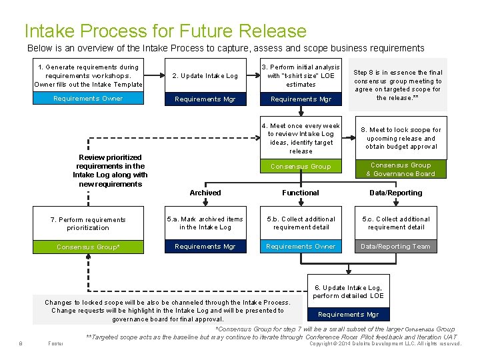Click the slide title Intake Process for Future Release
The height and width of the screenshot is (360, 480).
tap(165, 31)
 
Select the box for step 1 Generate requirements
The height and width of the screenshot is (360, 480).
tap(89, 75)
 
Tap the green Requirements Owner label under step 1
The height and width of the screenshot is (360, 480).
tap(89, 99)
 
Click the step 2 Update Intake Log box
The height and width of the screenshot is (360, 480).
tap(205, 76)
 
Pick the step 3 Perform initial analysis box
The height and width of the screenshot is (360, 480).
tap(301, 75)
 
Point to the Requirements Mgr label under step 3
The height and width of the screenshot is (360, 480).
tap(301, 99)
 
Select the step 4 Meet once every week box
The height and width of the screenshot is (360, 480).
tap(301, 138)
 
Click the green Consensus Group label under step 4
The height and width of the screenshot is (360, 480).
tap(301, 167)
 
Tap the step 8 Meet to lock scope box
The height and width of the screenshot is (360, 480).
tap(401, 138)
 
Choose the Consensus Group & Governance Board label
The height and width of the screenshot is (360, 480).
tap(401, 169)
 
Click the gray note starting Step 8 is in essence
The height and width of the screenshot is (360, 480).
tap(397, 85)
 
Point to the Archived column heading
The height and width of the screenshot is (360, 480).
tap(205, 193)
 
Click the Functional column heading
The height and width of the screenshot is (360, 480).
tap(301, 193)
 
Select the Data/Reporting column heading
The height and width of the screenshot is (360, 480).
tap(396, 193)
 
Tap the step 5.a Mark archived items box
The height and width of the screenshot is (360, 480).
tap(205, 223)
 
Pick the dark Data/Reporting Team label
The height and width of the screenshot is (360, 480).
tap(396, 247)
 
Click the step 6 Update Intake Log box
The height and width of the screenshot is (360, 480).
tap(347, 291)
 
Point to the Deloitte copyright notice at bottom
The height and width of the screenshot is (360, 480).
tap(385, 344)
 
